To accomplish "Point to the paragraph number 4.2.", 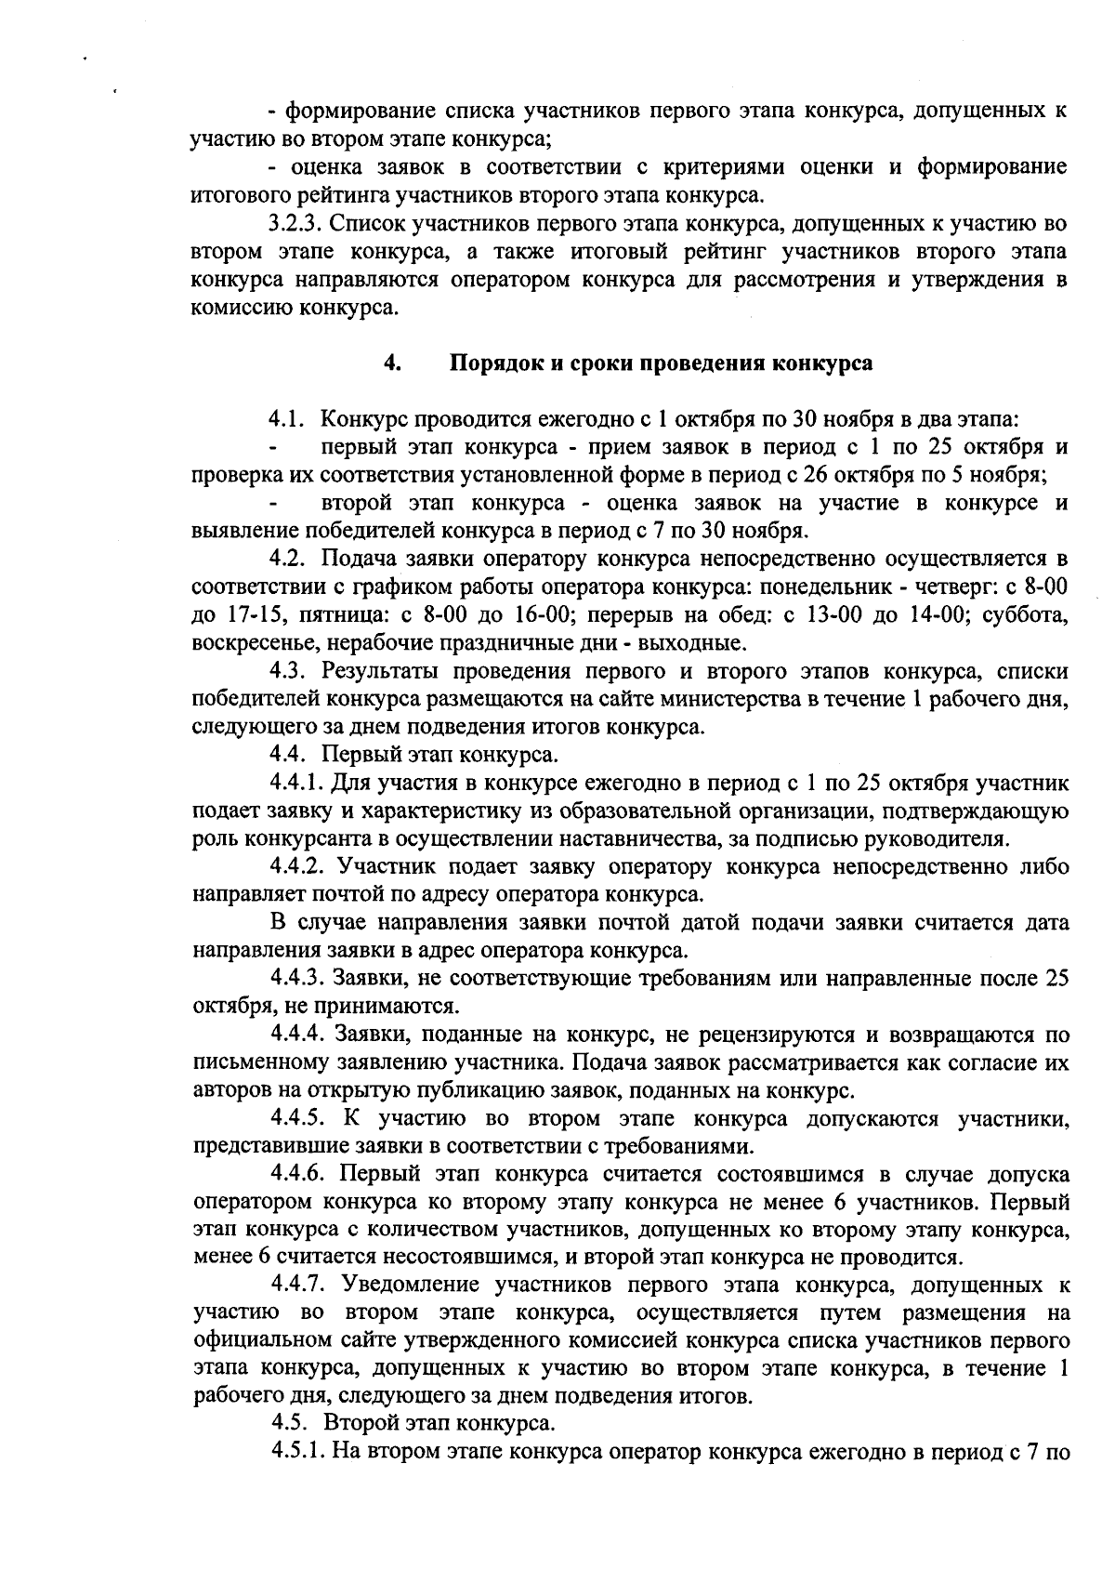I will coord(288,559).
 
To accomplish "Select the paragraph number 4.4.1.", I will coord(296,783).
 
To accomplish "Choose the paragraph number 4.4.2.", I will coord(296,866).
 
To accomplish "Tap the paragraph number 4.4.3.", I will coord(297,978).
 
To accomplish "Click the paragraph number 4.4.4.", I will coord(297,1034).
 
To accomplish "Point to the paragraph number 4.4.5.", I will coord(297,1117).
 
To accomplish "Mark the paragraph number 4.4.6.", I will coord(297,1174).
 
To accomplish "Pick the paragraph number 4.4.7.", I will coord(297,1286).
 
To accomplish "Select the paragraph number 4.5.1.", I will coord(296,1453).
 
